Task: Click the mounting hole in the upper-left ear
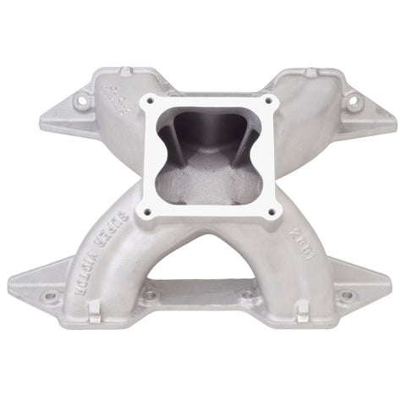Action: pyautogui.click(x=83, y=103)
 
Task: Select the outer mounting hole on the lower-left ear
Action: pyautogui.click(x=50, y=296)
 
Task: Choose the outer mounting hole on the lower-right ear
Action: pyautogui.click(x=347, y=295)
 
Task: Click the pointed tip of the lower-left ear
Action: pyautogui.click(x=10, y=286)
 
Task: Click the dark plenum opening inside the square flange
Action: pyautogui.click(x=203, y=144)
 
